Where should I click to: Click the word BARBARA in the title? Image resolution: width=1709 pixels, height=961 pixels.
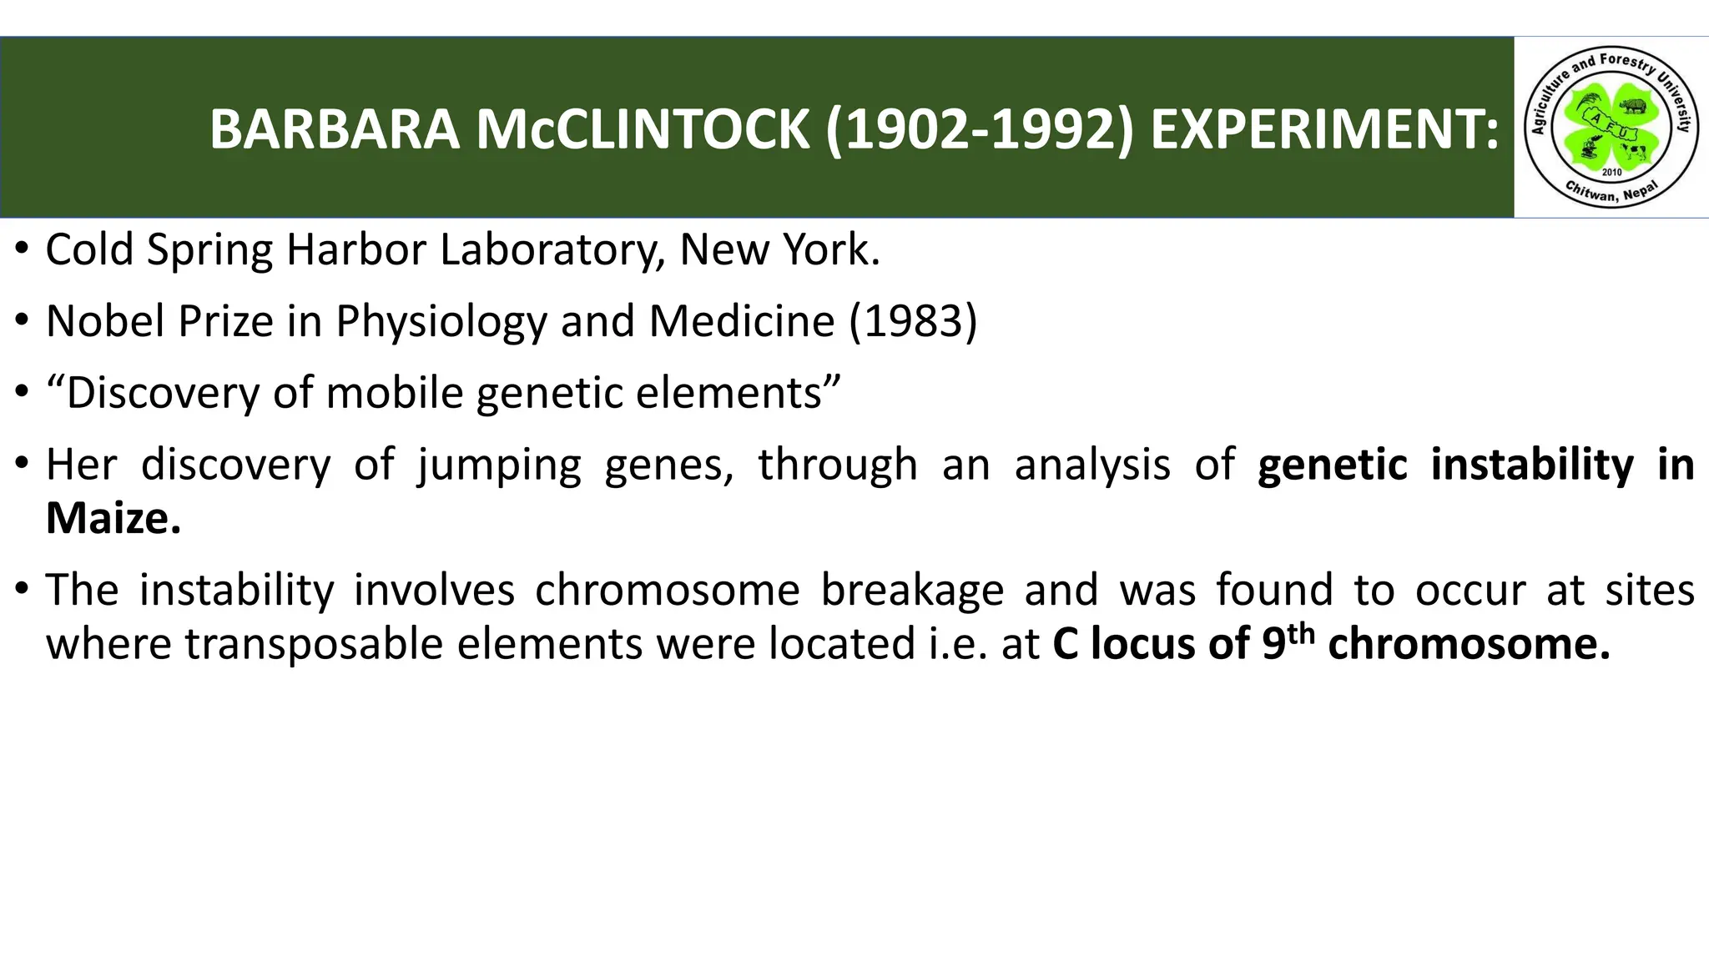(x=334, y=130)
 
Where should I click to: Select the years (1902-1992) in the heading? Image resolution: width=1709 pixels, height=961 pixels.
(x=980, y=130)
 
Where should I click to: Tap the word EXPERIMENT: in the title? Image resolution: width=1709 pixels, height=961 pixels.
(x=1324, y=130)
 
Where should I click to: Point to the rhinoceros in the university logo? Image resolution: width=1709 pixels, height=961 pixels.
(x=1633, y=106)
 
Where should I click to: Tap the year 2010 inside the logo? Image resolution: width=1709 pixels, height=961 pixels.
(x=1611, y=172)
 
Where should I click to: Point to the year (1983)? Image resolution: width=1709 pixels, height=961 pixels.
(x=913, y=321)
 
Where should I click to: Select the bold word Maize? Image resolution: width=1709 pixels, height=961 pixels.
(x=113, y=519)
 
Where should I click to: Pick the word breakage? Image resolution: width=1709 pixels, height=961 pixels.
(x=912, y=591)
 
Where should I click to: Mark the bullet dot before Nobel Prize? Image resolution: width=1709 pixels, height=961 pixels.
(x=23, y=321)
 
